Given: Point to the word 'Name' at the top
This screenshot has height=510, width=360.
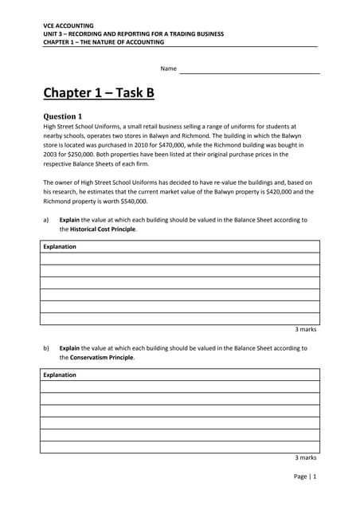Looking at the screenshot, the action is (168, 69).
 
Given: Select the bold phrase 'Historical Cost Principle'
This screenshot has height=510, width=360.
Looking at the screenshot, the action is (103, 229).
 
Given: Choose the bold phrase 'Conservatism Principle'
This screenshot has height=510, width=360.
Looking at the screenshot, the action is (101, 358).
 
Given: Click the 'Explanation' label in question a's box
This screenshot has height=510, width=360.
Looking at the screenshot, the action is (60, 247).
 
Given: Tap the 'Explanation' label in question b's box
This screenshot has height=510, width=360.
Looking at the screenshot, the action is (60, 375).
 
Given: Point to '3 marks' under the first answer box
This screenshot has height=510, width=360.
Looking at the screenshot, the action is (306, 329).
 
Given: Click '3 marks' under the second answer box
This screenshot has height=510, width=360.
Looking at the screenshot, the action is (306, 457).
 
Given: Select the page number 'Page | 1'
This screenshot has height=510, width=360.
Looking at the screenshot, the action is (303, 477).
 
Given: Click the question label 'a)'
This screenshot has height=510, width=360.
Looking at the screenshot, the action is (46, 220).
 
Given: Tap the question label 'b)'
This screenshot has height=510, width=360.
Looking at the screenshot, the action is (46, 348).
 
